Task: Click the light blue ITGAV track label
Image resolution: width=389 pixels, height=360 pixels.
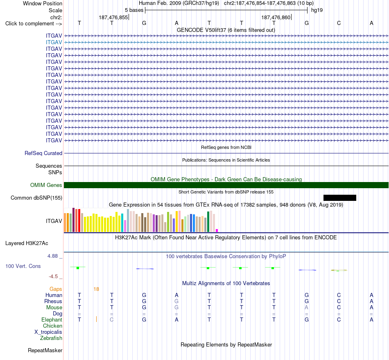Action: coord(54,42)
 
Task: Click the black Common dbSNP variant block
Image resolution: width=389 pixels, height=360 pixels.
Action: coord(339,198)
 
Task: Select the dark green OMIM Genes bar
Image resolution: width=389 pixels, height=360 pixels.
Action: coord(226,185)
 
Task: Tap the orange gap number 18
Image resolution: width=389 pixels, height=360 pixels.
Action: coord(96,289)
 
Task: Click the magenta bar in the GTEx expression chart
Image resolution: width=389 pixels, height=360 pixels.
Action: coord(217,230)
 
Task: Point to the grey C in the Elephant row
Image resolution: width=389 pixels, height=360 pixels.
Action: coord(112,319)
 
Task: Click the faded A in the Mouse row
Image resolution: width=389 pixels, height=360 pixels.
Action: coord(306,308)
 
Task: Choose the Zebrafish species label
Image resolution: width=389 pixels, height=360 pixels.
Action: coord(51,338)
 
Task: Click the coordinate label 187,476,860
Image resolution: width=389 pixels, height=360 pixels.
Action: coord(276,17)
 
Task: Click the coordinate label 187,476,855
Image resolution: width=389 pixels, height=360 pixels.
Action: coord(113,17)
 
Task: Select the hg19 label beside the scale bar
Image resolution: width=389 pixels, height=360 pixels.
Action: coord(317,10)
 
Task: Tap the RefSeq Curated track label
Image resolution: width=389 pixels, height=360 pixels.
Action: coord(43,153)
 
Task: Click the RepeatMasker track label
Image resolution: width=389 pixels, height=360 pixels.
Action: coord(45,350)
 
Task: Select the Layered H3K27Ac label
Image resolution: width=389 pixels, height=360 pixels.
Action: coord(27,243)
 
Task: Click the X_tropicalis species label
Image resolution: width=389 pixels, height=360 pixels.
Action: coord(48,332)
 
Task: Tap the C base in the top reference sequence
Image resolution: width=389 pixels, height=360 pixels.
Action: coord(339,23)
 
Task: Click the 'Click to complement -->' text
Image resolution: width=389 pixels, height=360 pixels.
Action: coord(34,24)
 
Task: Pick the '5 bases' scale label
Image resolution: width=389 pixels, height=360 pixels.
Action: coord(134,10)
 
